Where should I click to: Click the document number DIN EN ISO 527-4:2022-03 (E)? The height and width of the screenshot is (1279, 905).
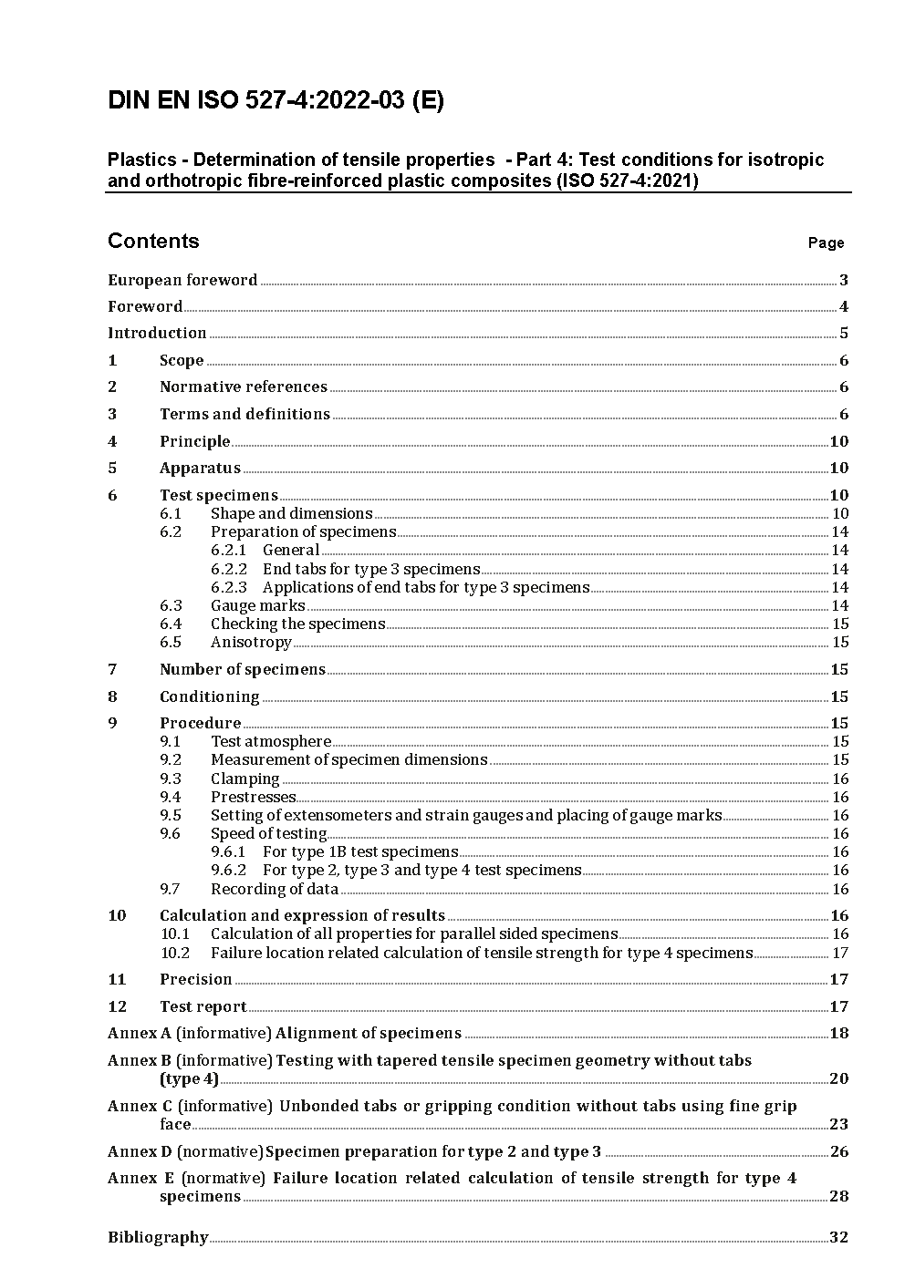click(x=276, y=101)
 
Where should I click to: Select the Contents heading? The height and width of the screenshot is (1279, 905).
click(x=153, y=241)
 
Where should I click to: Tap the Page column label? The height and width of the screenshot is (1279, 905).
click(x=826, y=243)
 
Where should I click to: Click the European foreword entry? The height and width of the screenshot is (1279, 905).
click(x=182, y=280)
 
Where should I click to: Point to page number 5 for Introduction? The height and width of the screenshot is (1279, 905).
click(x=844, y=334)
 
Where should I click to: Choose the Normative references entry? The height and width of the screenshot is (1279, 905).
click(x=243, y=387)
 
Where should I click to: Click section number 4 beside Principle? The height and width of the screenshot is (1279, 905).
click(x=112, y=441)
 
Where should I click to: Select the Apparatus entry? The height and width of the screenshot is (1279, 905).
click(x=200, y=469)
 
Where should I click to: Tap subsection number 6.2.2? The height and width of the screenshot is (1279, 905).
click(x=228, y=569)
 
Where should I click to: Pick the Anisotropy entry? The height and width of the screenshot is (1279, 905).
click(x=251, y=642)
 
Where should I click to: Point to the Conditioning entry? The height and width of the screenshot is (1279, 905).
click(x=209, y=696)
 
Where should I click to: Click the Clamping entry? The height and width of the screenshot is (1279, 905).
click(x=244, y=779)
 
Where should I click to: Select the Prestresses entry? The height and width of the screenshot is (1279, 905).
click(x=253, y=797)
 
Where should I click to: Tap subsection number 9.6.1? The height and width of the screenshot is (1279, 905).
click(x=228, y=851)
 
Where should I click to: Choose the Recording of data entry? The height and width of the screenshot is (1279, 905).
click(x=274, y=889)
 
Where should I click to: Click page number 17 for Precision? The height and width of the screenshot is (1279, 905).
click(x=838, y=980)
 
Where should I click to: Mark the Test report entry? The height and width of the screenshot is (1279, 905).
click(x=203, y=1006)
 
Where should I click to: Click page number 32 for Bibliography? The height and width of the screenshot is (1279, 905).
click(x=838, y=1237)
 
